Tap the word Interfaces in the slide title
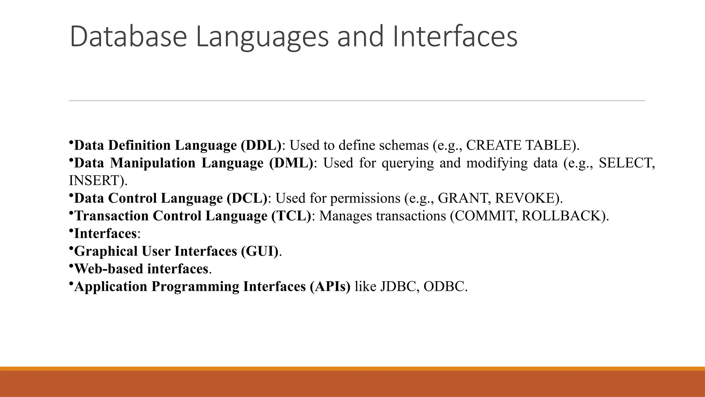tap(454, 37)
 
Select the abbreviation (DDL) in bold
tap(261, 145)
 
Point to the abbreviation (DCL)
tap(247, 198)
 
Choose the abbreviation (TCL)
tap(291, 216)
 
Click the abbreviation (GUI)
tap(260, 251)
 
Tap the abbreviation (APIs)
tap(330, 287)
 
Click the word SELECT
tap(626, 163)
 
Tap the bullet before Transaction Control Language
tap(71, 213)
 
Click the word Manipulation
tap(153, 163)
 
